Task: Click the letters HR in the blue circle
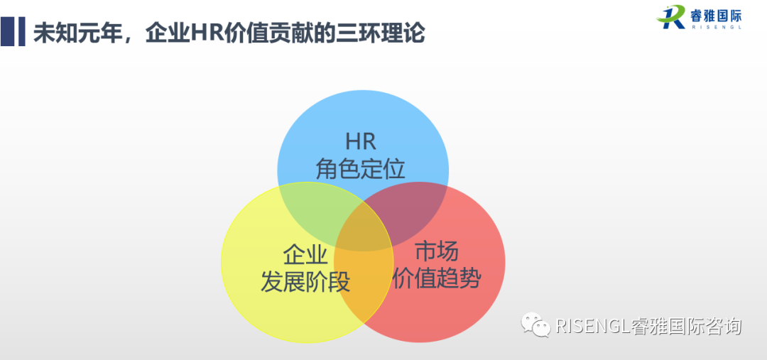360,140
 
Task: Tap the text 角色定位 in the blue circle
360,168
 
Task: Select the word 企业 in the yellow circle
305,254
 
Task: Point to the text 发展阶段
305,282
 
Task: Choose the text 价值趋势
436,278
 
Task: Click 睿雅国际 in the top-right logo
714,13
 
